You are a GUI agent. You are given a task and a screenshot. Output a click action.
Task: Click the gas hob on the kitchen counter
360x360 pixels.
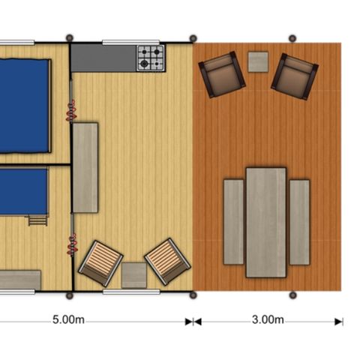[149, 58]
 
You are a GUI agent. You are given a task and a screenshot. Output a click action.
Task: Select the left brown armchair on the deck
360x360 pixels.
[221, 74]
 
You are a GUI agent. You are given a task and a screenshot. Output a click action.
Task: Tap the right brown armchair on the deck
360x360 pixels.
[294, 76]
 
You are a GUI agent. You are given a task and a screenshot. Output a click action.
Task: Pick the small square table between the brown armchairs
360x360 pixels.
[258, 61]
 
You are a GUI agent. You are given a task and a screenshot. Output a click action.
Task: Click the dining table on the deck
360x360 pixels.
[265, 222]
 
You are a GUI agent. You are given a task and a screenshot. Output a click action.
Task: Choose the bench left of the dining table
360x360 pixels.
[233, 221]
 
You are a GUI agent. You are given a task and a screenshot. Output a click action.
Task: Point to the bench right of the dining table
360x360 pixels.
[300, 221]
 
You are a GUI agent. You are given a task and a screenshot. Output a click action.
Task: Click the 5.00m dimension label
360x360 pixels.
[68, 320]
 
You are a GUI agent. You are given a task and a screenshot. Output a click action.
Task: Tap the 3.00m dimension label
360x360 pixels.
[268, 320]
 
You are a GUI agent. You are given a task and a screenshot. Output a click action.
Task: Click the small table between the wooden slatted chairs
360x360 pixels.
[134, 274]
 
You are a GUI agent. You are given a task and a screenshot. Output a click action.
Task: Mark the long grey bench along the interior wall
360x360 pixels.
[85, 167]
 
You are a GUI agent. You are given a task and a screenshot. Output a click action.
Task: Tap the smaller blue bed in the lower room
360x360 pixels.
[22, 190]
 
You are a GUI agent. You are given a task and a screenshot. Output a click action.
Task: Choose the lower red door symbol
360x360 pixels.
[72, 244]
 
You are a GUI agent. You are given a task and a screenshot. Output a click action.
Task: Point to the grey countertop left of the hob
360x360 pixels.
[103, 57]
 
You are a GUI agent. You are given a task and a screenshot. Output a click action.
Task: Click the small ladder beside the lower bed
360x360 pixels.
[36, 219]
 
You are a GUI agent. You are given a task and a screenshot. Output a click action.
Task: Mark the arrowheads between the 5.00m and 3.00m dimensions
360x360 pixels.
[193, 321]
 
